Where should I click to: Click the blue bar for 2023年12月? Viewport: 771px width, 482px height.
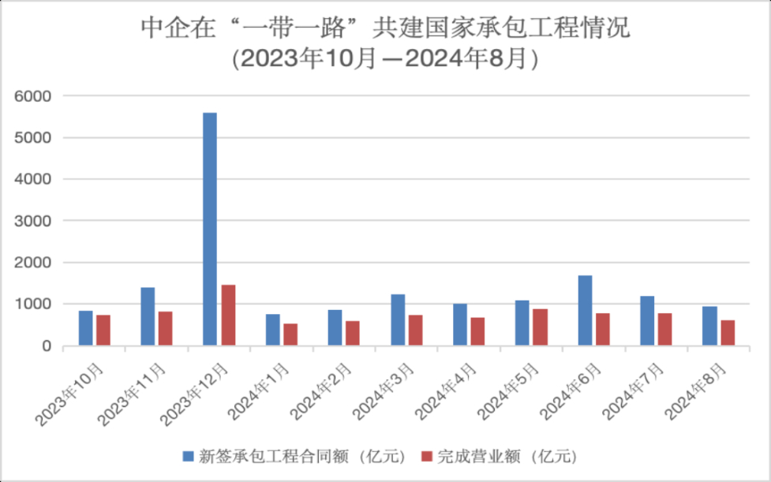tap(210, 229)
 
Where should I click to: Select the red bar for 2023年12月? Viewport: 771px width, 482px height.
tap(228, 316)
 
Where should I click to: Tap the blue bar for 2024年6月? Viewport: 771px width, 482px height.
tap(585, 310)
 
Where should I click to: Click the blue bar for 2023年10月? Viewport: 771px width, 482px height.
tap(85, 328)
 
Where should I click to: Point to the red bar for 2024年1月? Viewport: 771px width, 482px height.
tap(290, 334)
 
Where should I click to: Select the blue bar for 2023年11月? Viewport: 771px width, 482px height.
tap(148, 316)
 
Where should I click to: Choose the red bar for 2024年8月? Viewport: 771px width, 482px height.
tap(728, 333)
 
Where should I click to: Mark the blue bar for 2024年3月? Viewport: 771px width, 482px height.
tap(398, 319)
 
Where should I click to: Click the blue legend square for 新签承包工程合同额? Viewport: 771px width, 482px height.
tap(188, 456)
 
